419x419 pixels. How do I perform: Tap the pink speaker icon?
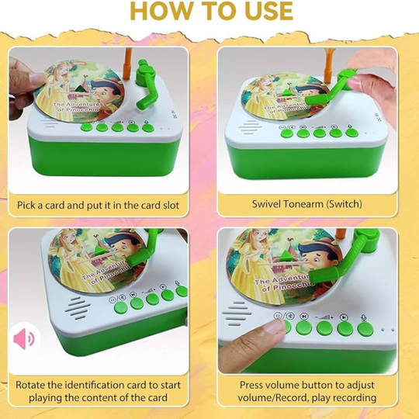(x=24, y=338)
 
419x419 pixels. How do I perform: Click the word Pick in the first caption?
(x=26, y=205)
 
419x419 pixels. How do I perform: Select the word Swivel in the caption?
(x=266, y=204)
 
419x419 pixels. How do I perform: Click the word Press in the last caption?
(x=251, y=385)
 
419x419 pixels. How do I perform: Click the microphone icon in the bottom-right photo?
(x=364, y=317)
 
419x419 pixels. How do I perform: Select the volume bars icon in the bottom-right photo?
(x=324, y=317)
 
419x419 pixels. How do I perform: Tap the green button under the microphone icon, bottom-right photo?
(x=365, y=330)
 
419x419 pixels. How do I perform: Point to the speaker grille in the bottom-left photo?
(x=78, y=308)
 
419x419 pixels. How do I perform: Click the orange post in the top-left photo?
(x=127, y=64)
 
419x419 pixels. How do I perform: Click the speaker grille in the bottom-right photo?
(x=237, y=313)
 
